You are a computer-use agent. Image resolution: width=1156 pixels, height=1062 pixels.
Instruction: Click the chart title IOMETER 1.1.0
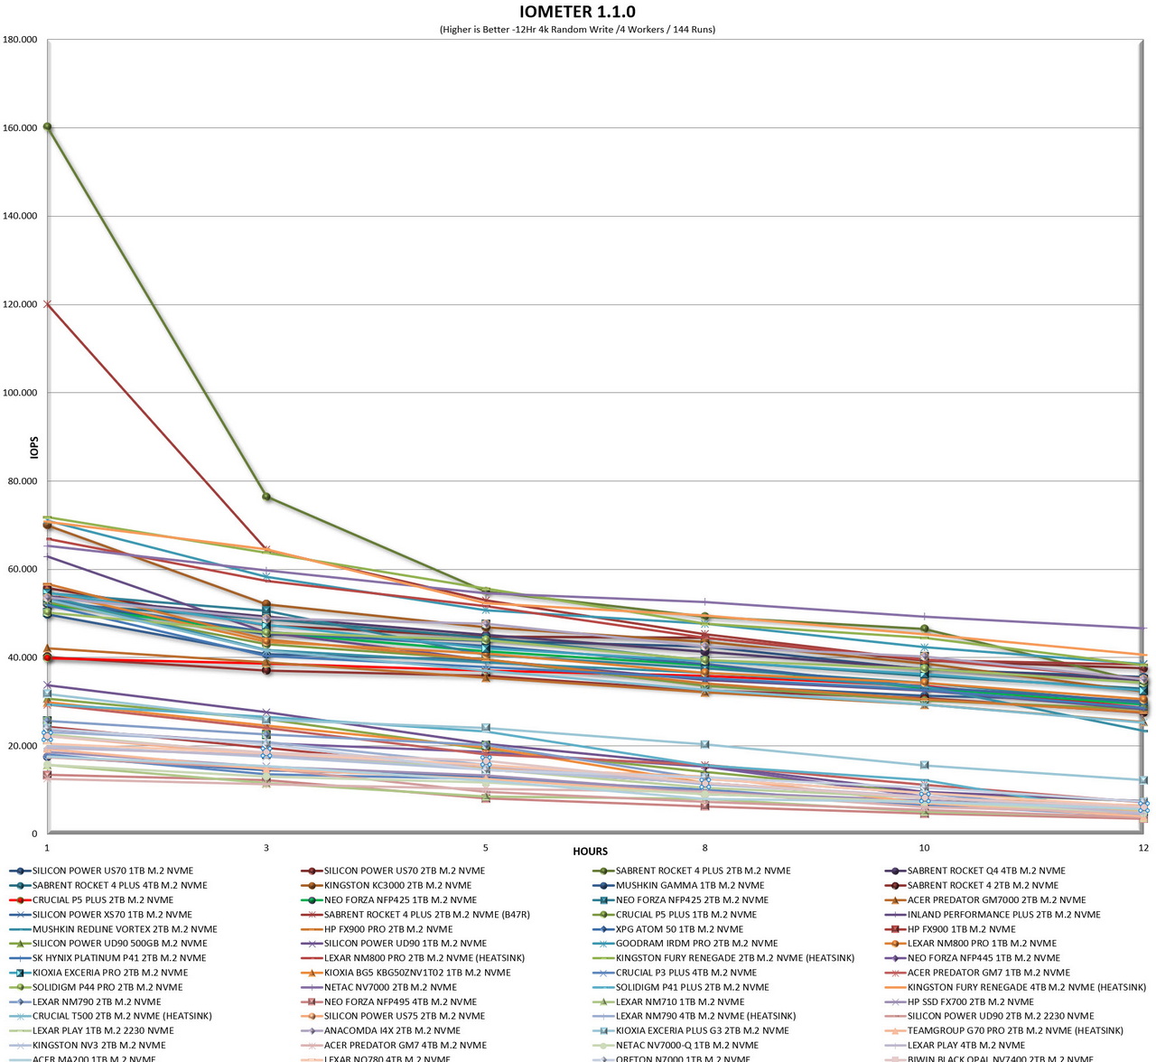(x=577, y=12)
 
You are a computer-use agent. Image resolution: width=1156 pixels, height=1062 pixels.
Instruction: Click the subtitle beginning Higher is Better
(x=577, y=29)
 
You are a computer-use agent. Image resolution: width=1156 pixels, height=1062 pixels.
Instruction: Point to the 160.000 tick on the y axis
(x=20, y=128)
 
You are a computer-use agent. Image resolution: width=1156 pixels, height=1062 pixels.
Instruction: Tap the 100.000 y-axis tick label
(x=20, y=393)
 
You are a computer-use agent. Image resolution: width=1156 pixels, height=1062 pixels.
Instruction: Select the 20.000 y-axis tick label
(x=23, y=746)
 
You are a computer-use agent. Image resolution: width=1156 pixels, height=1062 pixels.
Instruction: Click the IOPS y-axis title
(x=34, y=447)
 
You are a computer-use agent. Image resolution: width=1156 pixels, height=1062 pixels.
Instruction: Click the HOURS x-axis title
(x=590, y=851)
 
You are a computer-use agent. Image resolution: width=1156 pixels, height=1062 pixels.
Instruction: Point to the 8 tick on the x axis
(x=705, y=848)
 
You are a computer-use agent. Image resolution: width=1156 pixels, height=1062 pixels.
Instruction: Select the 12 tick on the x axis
(x=1143, y=848)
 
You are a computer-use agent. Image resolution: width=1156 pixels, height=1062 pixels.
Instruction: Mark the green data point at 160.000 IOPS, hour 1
(x=47, y=126)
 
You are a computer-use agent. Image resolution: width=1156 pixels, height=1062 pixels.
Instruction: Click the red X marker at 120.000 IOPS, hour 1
(x=47, y=304)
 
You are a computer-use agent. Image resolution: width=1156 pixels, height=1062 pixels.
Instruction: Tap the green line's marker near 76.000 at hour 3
(x=266, y=497)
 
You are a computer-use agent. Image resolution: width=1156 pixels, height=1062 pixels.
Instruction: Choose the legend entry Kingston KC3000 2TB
(x=396, y=885)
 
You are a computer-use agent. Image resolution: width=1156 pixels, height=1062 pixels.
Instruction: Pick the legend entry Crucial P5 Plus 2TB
(x=102, y=899)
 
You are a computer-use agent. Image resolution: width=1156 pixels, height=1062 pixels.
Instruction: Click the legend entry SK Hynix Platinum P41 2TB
(x=118, y=957)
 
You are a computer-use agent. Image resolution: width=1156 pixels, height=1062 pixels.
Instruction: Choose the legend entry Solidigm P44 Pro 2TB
(x=107, y=987)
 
